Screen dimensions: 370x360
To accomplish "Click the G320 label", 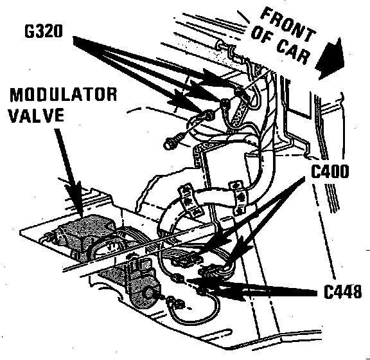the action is tap(44, 31).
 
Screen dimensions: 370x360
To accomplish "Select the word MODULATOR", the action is tap(63, 94).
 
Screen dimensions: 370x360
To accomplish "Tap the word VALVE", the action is tap(37, 115).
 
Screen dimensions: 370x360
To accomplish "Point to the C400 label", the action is tap(330, 171).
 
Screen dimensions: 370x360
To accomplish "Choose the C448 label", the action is tap(342, 291).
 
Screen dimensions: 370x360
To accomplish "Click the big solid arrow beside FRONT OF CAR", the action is tap(330, 59).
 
